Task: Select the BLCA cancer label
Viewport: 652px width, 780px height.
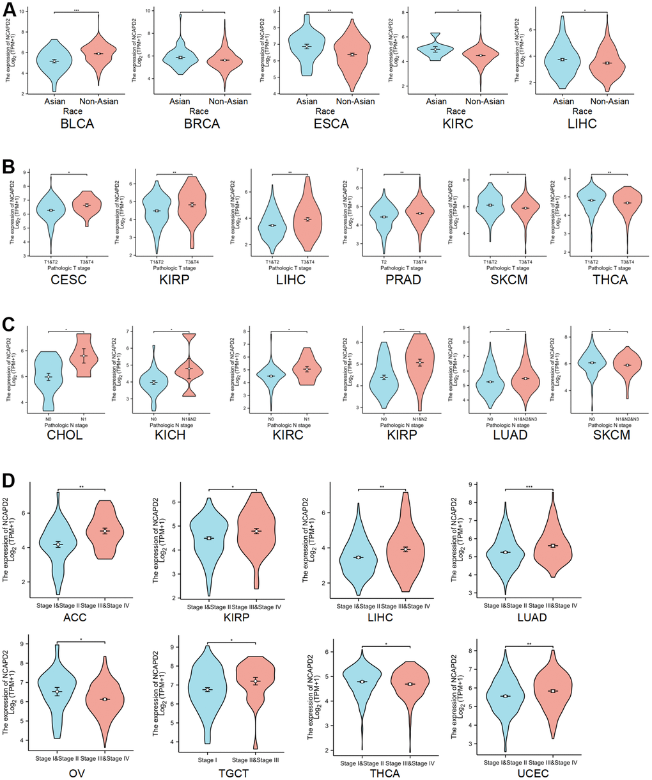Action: (76, 124)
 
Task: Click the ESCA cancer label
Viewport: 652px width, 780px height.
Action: (331, 124)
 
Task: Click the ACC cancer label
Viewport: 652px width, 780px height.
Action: (82, 617)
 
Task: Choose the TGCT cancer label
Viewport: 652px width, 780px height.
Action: (230, 772)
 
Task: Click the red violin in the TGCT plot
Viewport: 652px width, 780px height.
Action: (255, 681)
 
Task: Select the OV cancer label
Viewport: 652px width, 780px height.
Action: (78, 772)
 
